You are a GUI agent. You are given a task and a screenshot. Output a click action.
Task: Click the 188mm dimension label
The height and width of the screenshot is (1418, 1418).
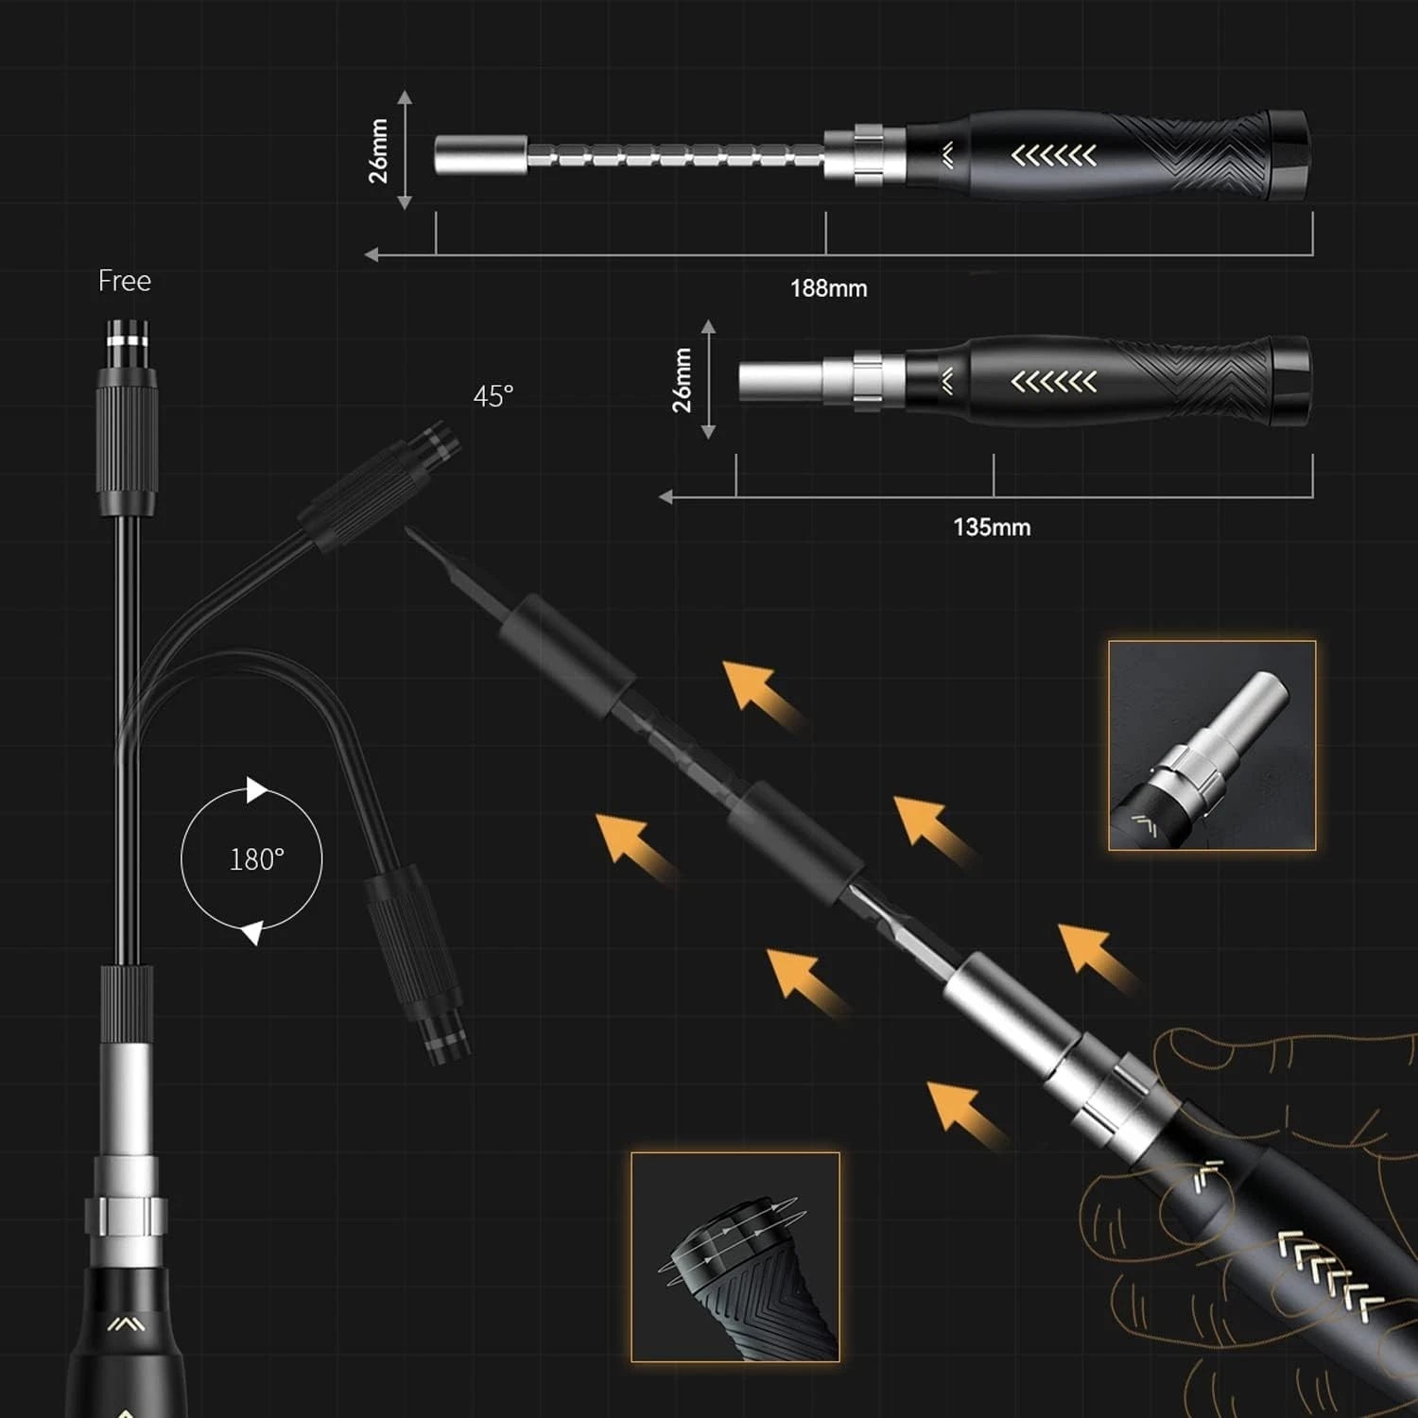point(828,288)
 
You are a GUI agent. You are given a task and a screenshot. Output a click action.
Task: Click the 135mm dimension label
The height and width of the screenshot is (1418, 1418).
point(992,527)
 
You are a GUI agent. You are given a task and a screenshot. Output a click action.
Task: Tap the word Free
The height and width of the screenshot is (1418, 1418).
point(125,281)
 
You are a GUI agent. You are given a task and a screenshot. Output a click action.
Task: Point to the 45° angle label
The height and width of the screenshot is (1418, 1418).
point(493,396)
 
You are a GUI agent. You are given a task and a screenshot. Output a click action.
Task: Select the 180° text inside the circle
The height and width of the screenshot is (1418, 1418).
point(256,859)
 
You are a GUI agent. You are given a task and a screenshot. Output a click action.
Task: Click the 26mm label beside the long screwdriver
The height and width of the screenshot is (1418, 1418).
point(378,150)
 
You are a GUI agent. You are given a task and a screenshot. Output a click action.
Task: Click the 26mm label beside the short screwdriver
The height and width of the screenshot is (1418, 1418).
point(682,380)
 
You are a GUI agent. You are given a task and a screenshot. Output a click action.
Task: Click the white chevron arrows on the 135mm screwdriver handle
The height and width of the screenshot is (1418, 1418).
point(1054,382)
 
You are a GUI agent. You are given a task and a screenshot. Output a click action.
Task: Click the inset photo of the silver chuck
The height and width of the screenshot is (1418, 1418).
point(1212,745)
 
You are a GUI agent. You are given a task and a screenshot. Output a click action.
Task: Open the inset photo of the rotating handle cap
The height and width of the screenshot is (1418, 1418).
point(735,1256)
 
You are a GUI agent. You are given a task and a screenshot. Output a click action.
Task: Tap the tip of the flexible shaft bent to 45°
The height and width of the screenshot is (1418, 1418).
point(441,442)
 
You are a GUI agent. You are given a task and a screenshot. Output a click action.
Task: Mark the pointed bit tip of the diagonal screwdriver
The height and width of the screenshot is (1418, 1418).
point(412,534)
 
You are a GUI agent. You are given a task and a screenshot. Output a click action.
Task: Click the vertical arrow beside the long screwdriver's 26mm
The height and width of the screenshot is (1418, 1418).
point(405,150)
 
